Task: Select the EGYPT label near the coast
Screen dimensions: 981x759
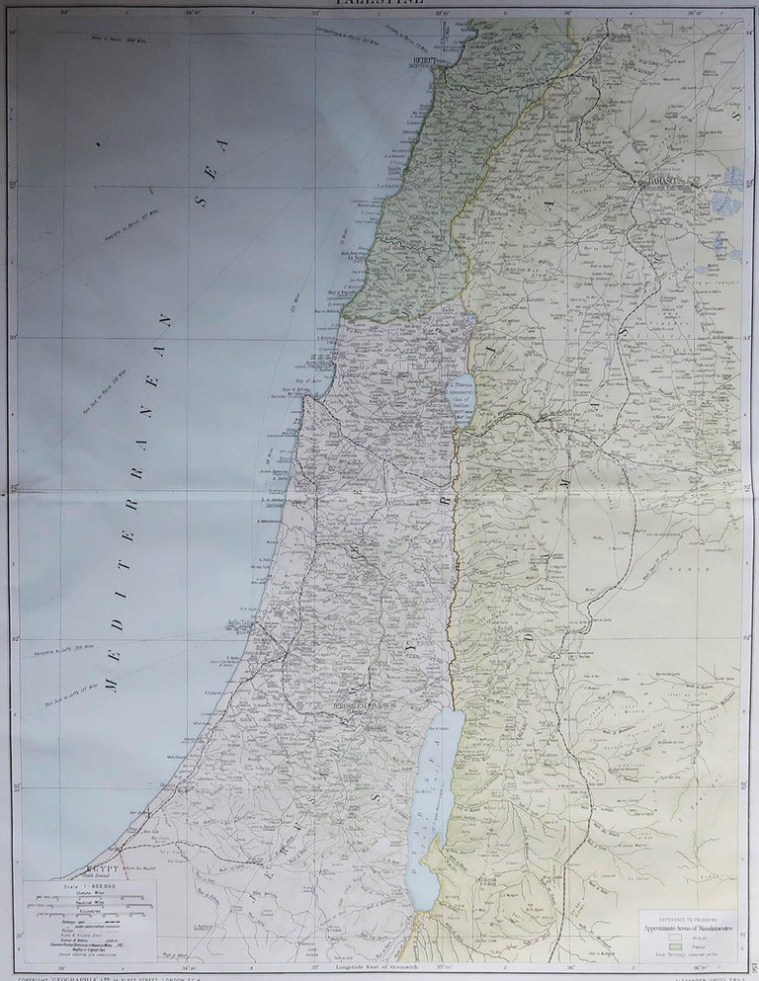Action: tap(101, 869)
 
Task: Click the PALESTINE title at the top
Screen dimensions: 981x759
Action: tap(379, 4)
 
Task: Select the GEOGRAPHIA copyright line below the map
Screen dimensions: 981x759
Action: tap(99, 977)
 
